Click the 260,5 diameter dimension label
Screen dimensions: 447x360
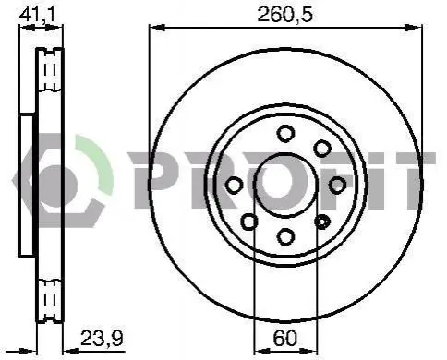coord(284,15)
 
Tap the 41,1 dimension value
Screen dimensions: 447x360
coord(37,14)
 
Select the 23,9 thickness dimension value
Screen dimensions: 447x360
coord(102,338)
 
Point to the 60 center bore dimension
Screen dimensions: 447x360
coord(285,338)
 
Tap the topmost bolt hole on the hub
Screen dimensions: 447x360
coord(285,134)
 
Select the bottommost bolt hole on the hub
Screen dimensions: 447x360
coord(285,237)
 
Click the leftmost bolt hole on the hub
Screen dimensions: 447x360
coord(234,186)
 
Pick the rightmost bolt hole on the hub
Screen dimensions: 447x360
coord(337,186)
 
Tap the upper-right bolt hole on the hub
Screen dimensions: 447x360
coord(322,149)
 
